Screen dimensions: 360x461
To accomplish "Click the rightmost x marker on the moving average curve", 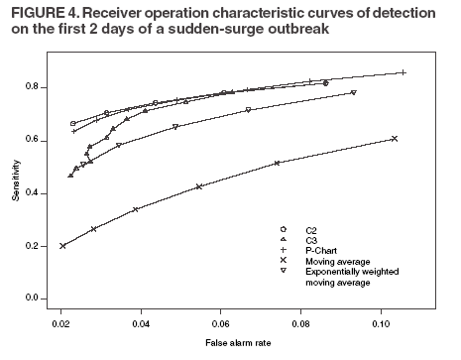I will (395, 139).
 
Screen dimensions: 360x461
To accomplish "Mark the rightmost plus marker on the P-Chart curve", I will (403, 72).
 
